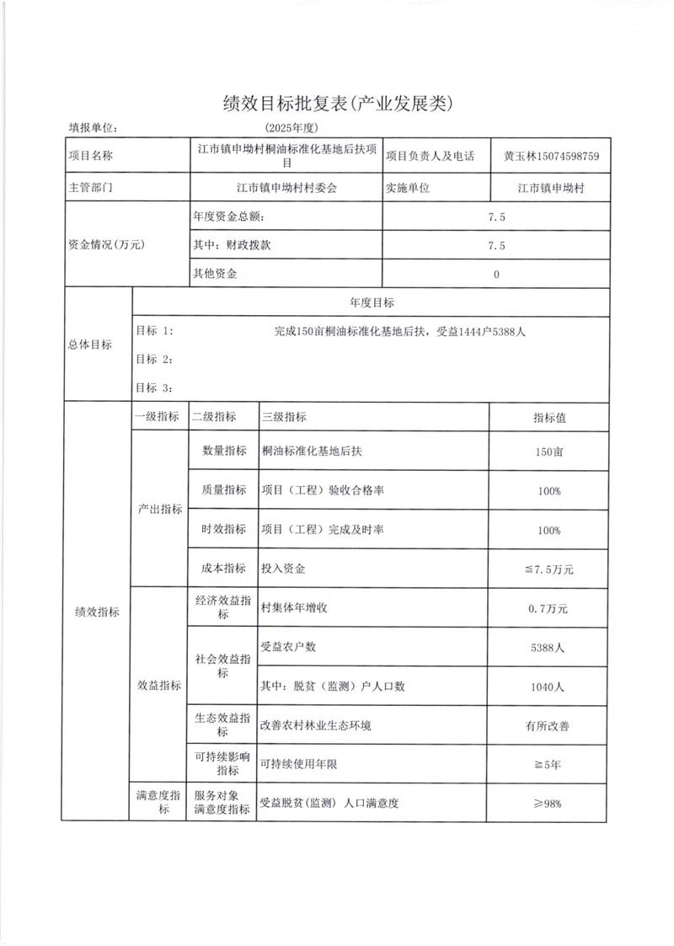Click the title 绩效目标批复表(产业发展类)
[337, 104]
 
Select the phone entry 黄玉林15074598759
[551, 156]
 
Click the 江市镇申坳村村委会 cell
[286, 188]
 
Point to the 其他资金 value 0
[496, 274]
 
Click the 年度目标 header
[371, 302]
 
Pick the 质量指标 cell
[224, 490]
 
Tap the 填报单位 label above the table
[93, 128]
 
